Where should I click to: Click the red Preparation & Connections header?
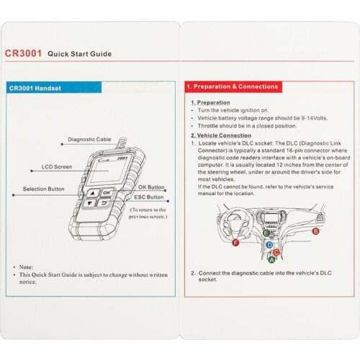tap(232, 86)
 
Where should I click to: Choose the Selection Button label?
tap(44, 189)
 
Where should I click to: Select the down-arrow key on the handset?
tap(90, 204)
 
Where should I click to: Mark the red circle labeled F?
tap(236, 243)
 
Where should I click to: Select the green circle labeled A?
tap(271, 259)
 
